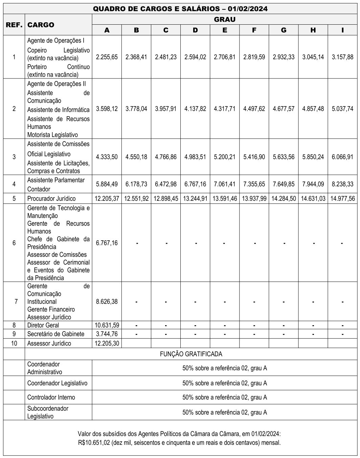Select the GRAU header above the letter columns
pyautogui.click(x=225, y=19)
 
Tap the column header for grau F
pyautogui.click(x=254, y=30)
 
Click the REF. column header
pyautogui.click(x=14, y=25)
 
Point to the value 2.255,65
pyautogui.click(x=107, y=57)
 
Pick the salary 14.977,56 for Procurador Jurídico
pyautogui.click(x=343, y=198)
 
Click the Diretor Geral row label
pyautogui.click(x=43, y=325)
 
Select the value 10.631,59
pyautogui.click(x=107, y=325)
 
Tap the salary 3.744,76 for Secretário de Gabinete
pyautogui.click(x=107, y=334)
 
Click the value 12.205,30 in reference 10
pyautogui.click(x=107, y=343)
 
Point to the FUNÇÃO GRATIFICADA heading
pyautogui.click(x=191, y=354)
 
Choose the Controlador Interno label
pyautogui.click(x=51, y=397)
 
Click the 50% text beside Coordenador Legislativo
pyautogui.click(x=225, y=383)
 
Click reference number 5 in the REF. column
pyautogui.click(x=14, y=198)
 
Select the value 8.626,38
pyautogui.click(x=107, y=301)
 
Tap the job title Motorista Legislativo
pyautogui.click(x=52, y=135)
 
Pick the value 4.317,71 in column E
pyautogui.click(x=225, y=109)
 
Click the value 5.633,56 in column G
pyautogui.click(x=284, y=157)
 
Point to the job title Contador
pyautogui.click(x=39, y=189)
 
